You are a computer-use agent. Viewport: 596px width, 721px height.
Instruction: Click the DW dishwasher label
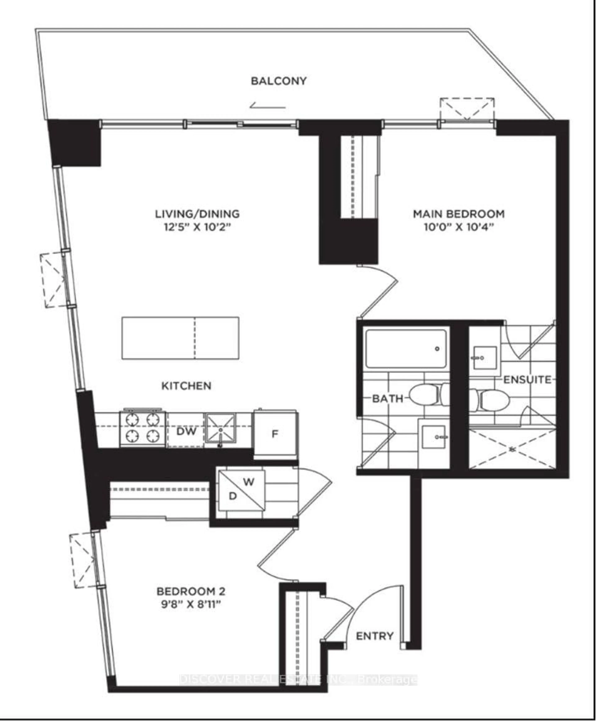(x=186, y=431)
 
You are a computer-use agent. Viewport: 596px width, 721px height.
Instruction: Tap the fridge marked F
(x=275, y=434)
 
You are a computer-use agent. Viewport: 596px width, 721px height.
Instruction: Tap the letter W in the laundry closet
(x=249, y=482)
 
